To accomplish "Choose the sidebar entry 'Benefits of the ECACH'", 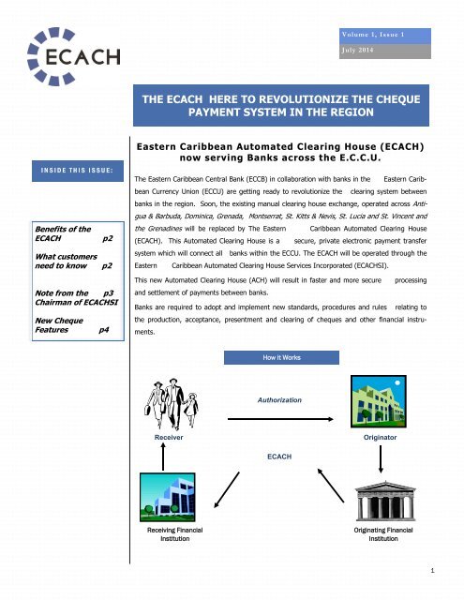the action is (47, 233).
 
